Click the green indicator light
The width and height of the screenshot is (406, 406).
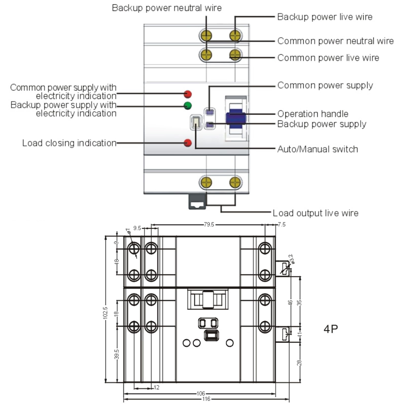pos(188,105)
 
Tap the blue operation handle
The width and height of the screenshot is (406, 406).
pos(236,118)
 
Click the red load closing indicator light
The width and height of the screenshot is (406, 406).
pos(188,143)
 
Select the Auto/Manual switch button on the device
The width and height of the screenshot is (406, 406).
pos(196,122)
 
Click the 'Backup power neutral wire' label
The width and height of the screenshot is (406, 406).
pos(167,8)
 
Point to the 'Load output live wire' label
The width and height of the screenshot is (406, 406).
pos(315,213)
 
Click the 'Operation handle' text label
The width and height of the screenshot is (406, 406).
pos(313,114)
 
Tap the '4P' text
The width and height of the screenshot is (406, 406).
pos(331,329)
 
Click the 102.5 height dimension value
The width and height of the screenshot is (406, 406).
pos(105,313)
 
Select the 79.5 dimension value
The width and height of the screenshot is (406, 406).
pos(209,224)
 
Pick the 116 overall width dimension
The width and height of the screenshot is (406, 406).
pos(206,399)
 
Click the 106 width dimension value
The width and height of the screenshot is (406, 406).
pos(201,393)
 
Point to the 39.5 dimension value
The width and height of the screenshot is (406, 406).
pos(116,354)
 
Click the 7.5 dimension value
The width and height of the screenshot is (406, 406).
pos(281,224)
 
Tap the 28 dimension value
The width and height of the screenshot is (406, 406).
pos(299,363)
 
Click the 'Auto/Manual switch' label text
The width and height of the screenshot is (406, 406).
pos(317,149)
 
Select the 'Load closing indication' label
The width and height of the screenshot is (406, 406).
pos(69,143)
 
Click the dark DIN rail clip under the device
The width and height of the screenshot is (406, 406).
pos(197,202)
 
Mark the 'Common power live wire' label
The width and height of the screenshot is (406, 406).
pos(328,58)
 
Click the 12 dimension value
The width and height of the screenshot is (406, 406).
pos(156,387)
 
